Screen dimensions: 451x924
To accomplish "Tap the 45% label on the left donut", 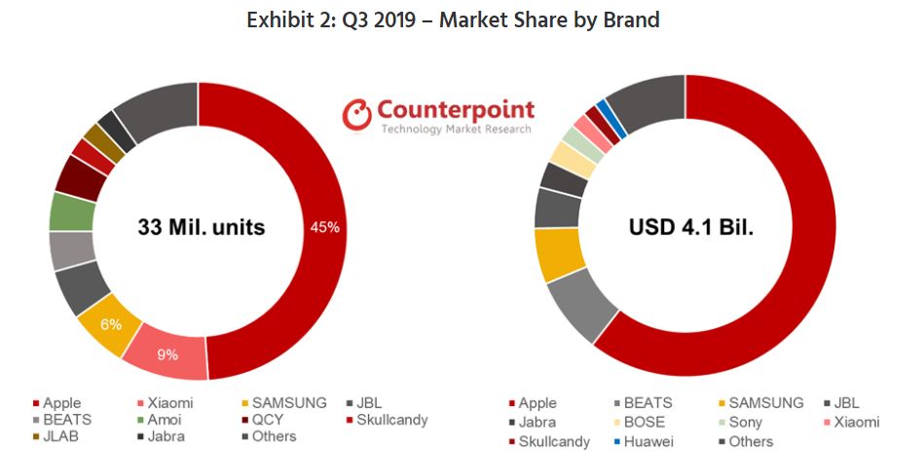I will [324, 227].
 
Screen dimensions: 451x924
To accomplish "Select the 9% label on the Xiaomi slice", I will [168, 355].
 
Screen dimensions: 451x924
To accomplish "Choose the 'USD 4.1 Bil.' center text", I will [685, 229].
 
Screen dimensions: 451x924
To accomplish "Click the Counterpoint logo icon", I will [356, 114].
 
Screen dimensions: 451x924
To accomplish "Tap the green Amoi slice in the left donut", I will [71, 211].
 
